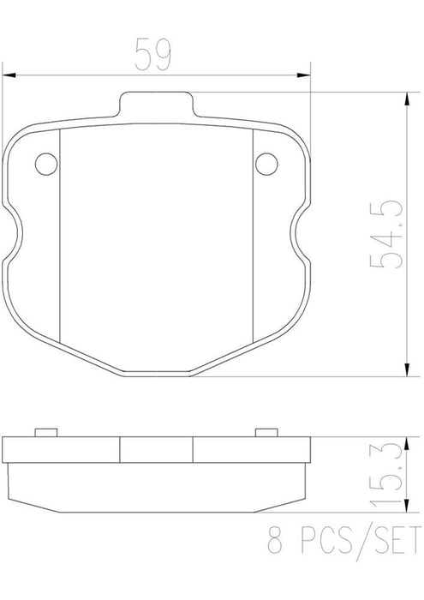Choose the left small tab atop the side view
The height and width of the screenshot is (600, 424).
coord(45,431)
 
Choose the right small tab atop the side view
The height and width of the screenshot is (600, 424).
coord(266,431)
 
